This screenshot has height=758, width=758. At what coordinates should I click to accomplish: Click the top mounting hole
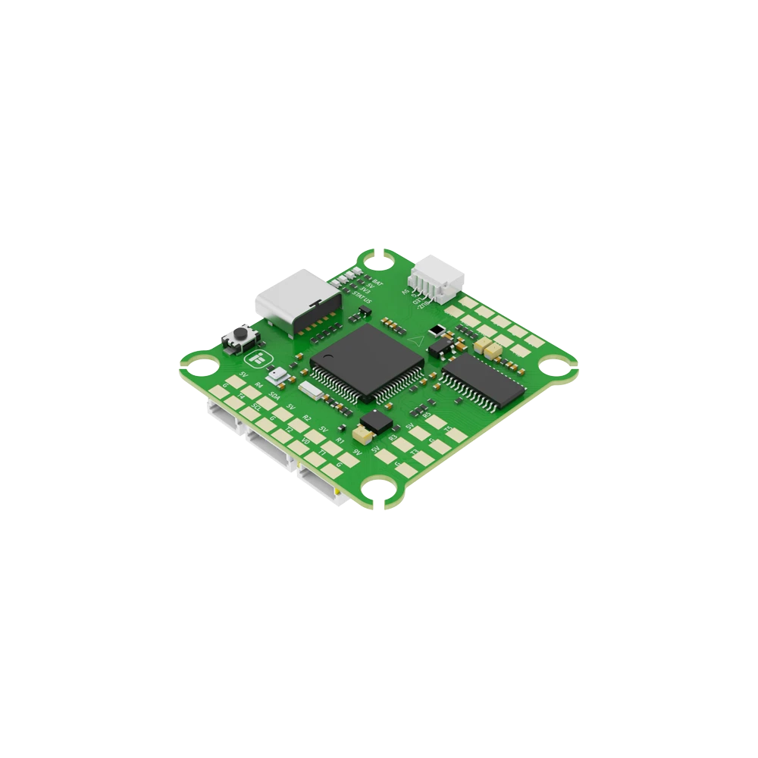(378, 261)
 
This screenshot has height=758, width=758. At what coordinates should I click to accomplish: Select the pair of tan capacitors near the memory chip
(487, 348)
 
